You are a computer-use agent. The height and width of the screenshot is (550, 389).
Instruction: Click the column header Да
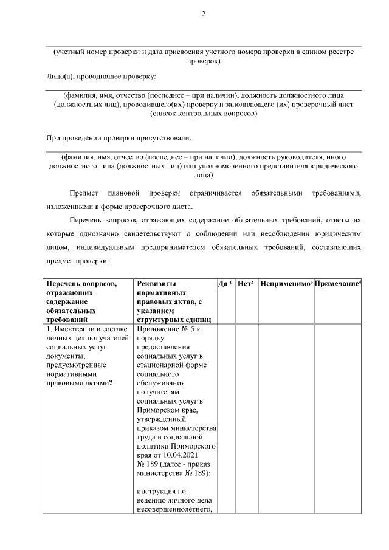[x=222, y=284]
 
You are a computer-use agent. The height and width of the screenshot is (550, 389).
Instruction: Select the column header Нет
[x=245, y=284]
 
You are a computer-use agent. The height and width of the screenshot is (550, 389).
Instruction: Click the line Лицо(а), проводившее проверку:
[x=101, y=76]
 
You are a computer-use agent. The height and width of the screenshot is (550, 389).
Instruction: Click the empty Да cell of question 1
[x=226, y=419]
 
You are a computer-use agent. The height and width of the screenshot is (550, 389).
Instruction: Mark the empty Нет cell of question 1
[x=247, y=419]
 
